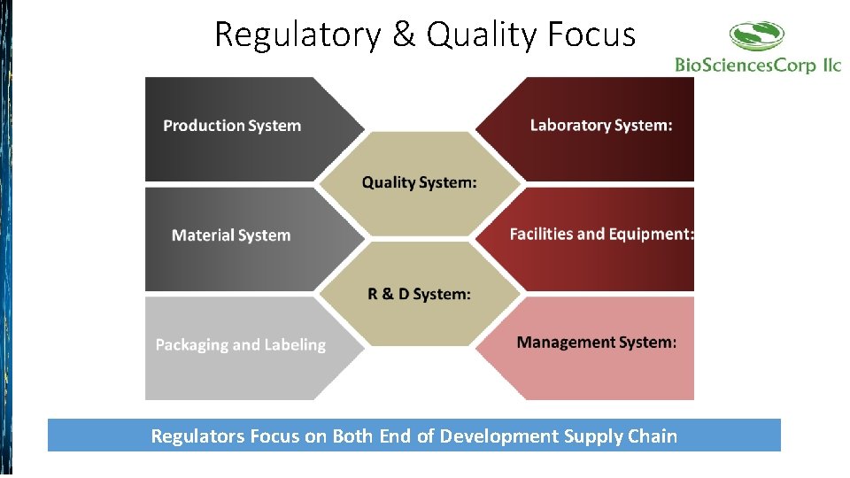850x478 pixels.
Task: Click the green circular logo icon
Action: click(x=757, y=36)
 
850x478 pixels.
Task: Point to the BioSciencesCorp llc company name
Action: click(x=758, y=65)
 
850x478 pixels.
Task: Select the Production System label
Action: click(x=232, y=126)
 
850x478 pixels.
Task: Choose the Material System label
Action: click(x=231, y=235)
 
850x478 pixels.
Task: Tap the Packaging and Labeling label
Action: click(x=240, y=345)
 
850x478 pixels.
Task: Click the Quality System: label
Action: click(x=419, y=182)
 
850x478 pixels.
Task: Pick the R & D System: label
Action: click(x=419, y=294)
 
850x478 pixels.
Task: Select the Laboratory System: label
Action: click(x=601, y=126)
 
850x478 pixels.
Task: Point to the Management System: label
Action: click(x=597, y=343)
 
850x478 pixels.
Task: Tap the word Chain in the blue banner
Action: click(x=653, y=436)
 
